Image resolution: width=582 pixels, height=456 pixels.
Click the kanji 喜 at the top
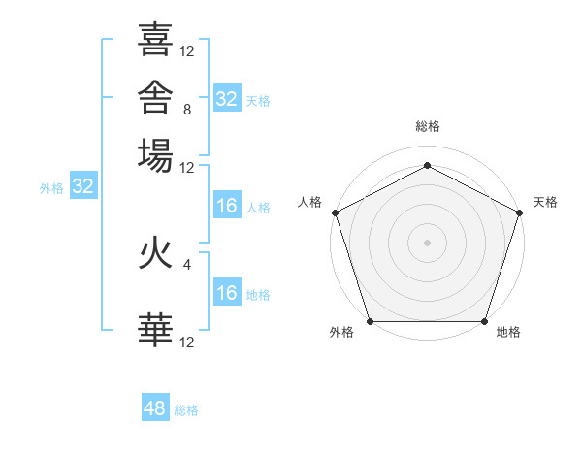(155, 40)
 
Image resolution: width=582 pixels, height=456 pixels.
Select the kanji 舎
(155, 97)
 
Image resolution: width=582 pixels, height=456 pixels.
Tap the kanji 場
(155, 155)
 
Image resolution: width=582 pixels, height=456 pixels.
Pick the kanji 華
(155, 330)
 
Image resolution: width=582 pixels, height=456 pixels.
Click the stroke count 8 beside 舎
(187, 110)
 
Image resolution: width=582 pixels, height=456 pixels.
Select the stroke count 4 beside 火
(187, 265)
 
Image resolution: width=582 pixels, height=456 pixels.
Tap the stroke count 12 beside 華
(186, 342)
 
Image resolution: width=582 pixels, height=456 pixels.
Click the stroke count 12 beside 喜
(186, 51)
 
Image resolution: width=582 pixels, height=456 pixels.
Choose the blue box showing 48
(155, 407)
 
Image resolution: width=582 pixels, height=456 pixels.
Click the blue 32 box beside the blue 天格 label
(227, 98)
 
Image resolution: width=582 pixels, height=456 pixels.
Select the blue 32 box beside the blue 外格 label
(83, 185)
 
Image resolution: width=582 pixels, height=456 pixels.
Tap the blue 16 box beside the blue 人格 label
(227, 205)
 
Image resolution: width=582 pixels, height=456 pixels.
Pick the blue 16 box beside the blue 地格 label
(227, 291)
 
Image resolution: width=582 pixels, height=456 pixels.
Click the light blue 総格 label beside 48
(186, 410)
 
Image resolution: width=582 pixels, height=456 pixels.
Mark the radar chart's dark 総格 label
(428, 126)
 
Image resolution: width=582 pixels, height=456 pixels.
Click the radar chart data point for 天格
(519, 212)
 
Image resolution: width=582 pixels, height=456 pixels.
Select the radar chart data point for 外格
(371, 321)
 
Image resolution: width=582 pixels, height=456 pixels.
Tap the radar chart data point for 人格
(336, 212)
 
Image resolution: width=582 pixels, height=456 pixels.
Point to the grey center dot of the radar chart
(427, 243)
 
